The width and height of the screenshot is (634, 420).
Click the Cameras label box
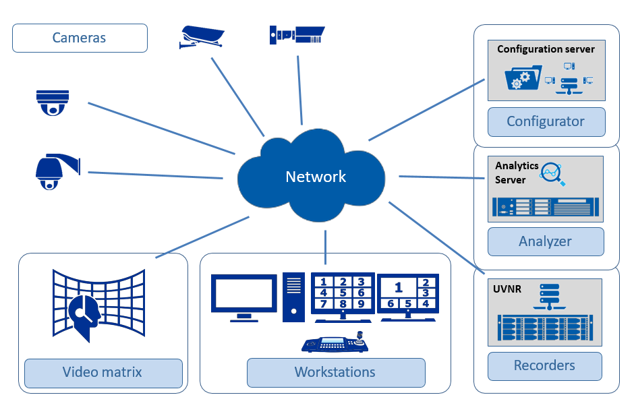tap(80, 38)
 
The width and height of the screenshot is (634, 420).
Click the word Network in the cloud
tap(316, 177)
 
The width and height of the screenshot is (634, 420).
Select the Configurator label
tap(546, 122)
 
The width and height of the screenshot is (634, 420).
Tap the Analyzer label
tap(545, 241)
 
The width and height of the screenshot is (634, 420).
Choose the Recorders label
tap(544, 366)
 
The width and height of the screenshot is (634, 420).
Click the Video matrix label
tap(103, 372)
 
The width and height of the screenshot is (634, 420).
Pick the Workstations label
tap(335, 372)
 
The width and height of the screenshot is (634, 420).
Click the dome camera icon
tap(53, 102)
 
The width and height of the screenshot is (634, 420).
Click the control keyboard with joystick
tap(336, 343)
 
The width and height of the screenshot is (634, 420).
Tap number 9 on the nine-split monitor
tap(361, 303)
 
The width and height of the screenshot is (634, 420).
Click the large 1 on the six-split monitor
tap(399, 288)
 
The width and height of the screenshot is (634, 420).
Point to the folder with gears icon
tap(523, 78)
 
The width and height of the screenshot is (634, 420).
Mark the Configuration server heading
tap(546, 49)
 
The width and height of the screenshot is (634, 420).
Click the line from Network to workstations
tap(326, 247)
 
